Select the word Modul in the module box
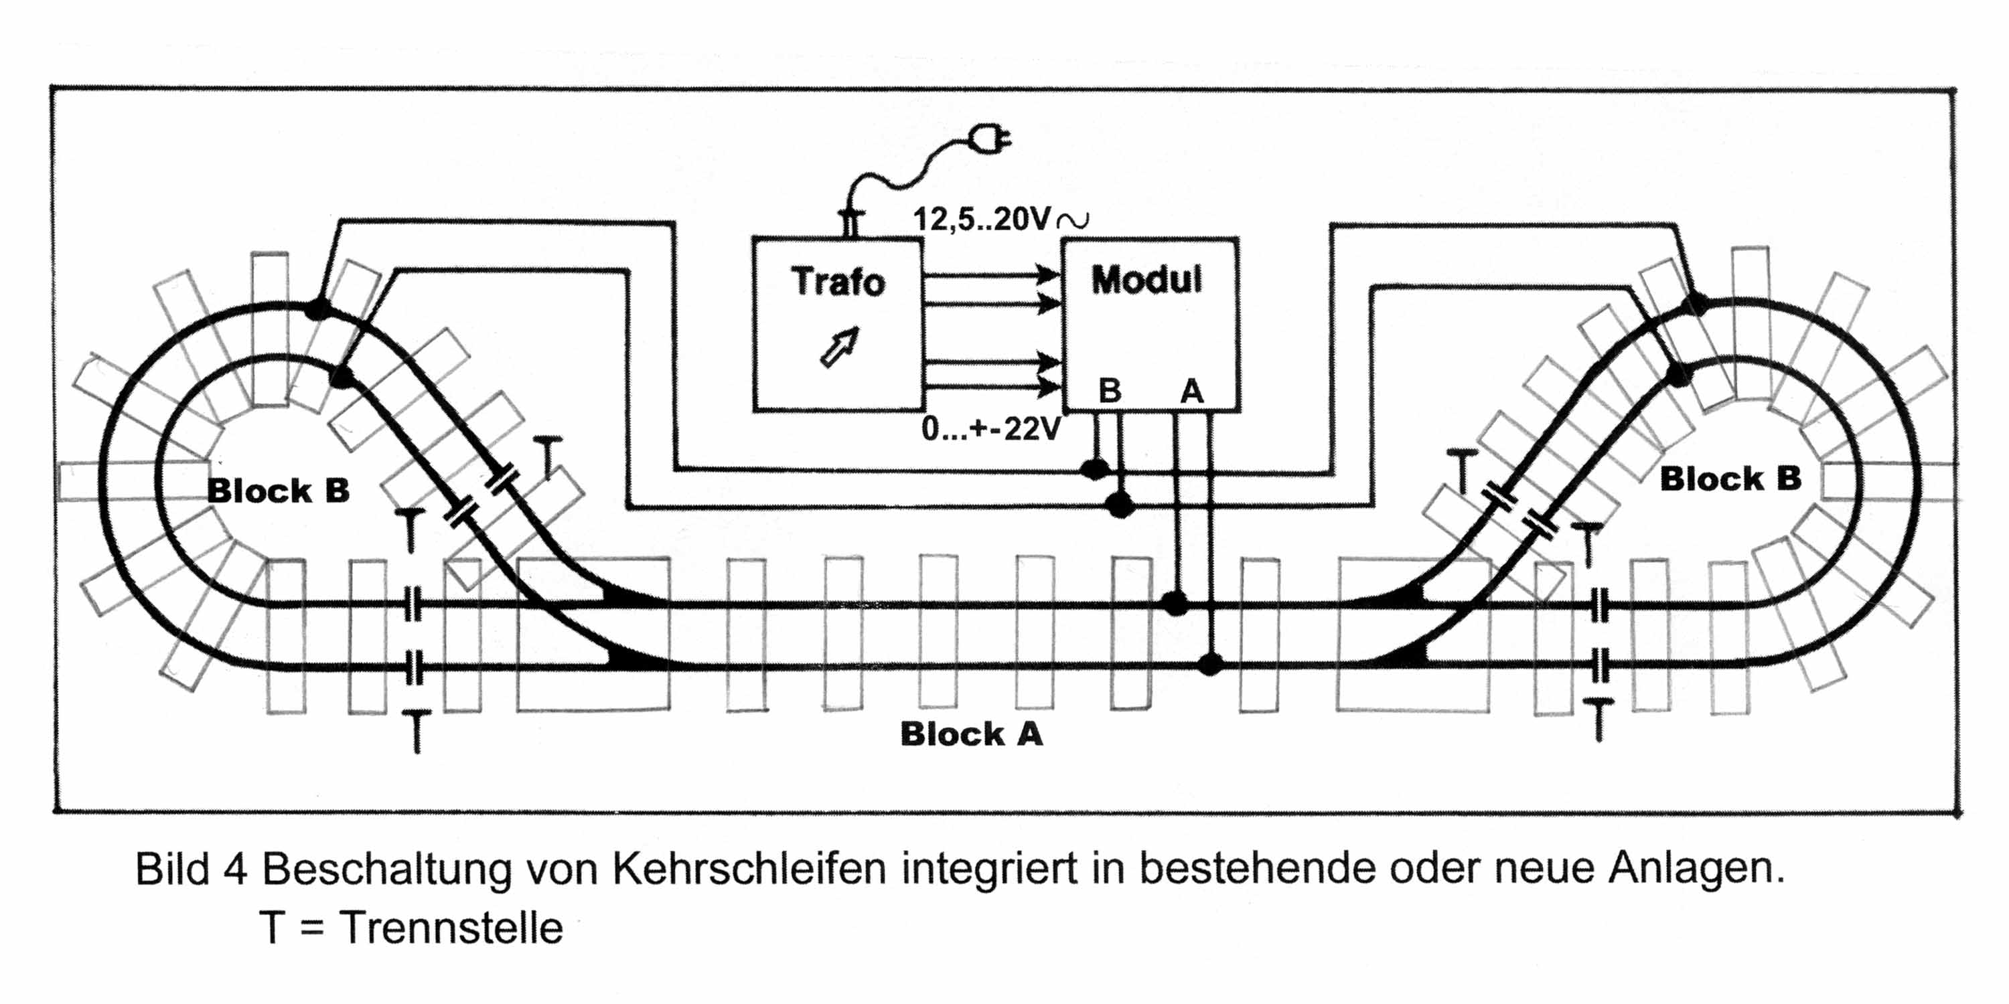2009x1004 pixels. [1146, 280]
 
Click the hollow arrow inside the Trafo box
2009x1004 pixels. [840, 346]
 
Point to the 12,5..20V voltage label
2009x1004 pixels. [982, 219]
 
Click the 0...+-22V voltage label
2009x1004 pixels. [990, 429]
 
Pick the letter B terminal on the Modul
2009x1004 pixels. [1109, 390]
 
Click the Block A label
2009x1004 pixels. [971, 734]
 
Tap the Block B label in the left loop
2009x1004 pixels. [278, 491]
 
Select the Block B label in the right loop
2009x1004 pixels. [1730, 479]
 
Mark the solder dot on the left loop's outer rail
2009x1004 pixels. [317, 309]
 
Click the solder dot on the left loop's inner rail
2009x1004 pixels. [341, 378]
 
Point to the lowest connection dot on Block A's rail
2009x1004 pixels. [1209, 665]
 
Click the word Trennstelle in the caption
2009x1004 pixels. [451, 928]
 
